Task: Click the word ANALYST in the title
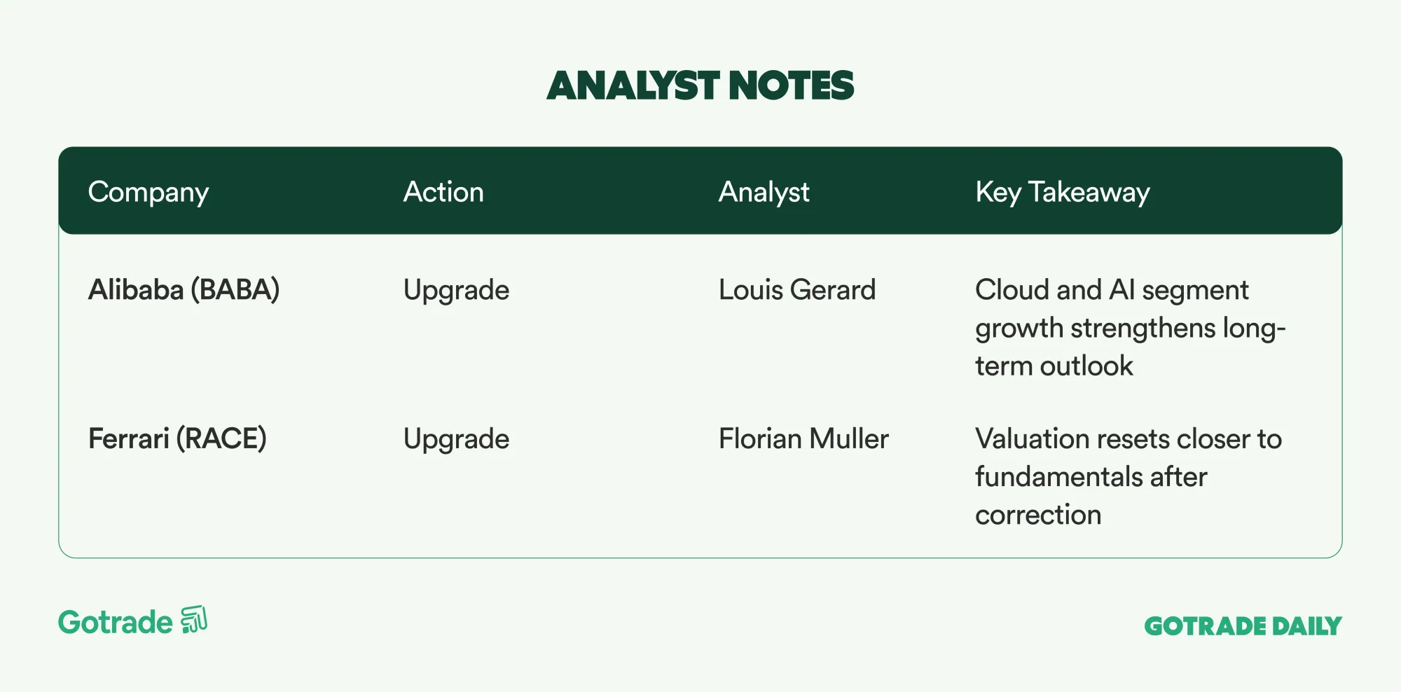click(633, 85)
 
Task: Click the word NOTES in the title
click(792, 85)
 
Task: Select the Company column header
click(149, 193)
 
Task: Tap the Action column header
click(443, 191)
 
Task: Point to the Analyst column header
click(764, 193)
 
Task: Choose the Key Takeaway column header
click(1063, 193)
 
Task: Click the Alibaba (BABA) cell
click(184, 290)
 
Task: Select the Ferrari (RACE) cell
click(177, 439)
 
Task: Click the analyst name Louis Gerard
click(797, 290)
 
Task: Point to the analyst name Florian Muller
click(803, 439)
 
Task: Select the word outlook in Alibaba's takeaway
click(1086, 366)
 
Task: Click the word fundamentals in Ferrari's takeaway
click(1058, 477)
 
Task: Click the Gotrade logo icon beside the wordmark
click(194, 620)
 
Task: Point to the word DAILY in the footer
click(1306, 626)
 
